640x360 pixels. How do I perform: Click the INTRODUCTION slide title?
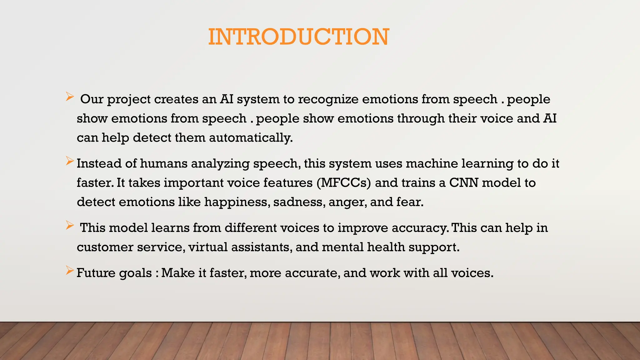pos(298,37)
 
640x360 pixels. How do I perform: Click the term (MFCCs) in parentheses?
pos(343,183)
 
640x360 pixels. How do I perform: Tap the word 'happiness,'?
pos(237,202)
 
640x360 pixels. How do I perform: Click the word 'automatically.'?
pos(251,138)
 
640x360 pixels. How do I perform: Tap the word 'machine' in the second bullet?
pos(432,163)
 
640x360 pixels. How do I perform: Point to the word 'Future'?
pos(96,273)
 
